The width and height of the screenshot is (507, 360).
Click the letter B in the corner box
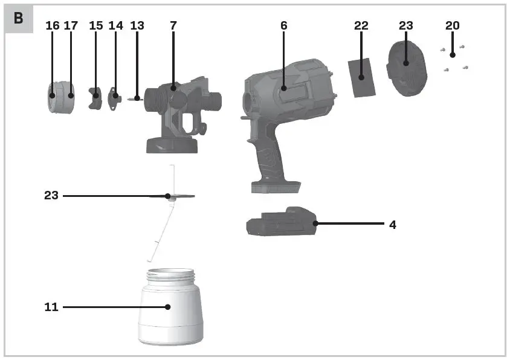pos(19,18)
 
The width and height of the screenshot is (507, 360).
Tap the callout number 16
pos(53,25)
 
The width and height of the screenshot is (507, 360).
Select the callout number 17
pos(71,25)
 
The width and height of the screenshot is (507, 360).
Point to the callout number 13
pos(137,25)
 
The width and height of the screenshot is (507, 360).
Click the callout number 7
pos(173,25)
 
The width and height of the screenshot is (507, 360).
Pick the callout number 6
pos(283,25)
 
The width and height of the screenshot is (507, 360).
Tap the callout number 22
pos(361,25)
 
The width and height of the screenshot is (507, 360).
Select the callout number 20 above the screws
pos(452,25)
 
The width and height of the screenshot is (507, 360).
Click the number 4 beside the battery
pos(393,225)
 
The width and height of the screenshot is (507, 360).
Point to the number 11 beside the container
pos(51,307)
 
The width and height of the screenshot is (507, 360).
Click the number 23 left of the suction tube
pos(51,196)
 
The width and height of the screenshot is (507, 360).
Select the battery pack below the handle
pos(281,225)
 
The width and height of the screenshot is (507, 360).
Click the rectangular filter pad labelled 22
pos(361,77)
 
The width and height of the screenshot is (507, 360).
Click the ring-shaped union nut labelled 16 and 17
pos(60,96)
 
